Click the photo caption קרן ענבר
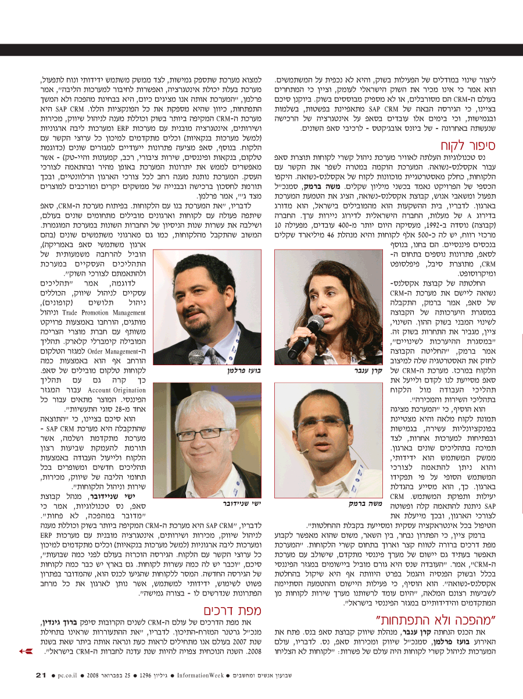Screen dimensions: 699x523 367,369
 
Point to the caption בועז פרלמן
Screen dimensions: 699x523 244,369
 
